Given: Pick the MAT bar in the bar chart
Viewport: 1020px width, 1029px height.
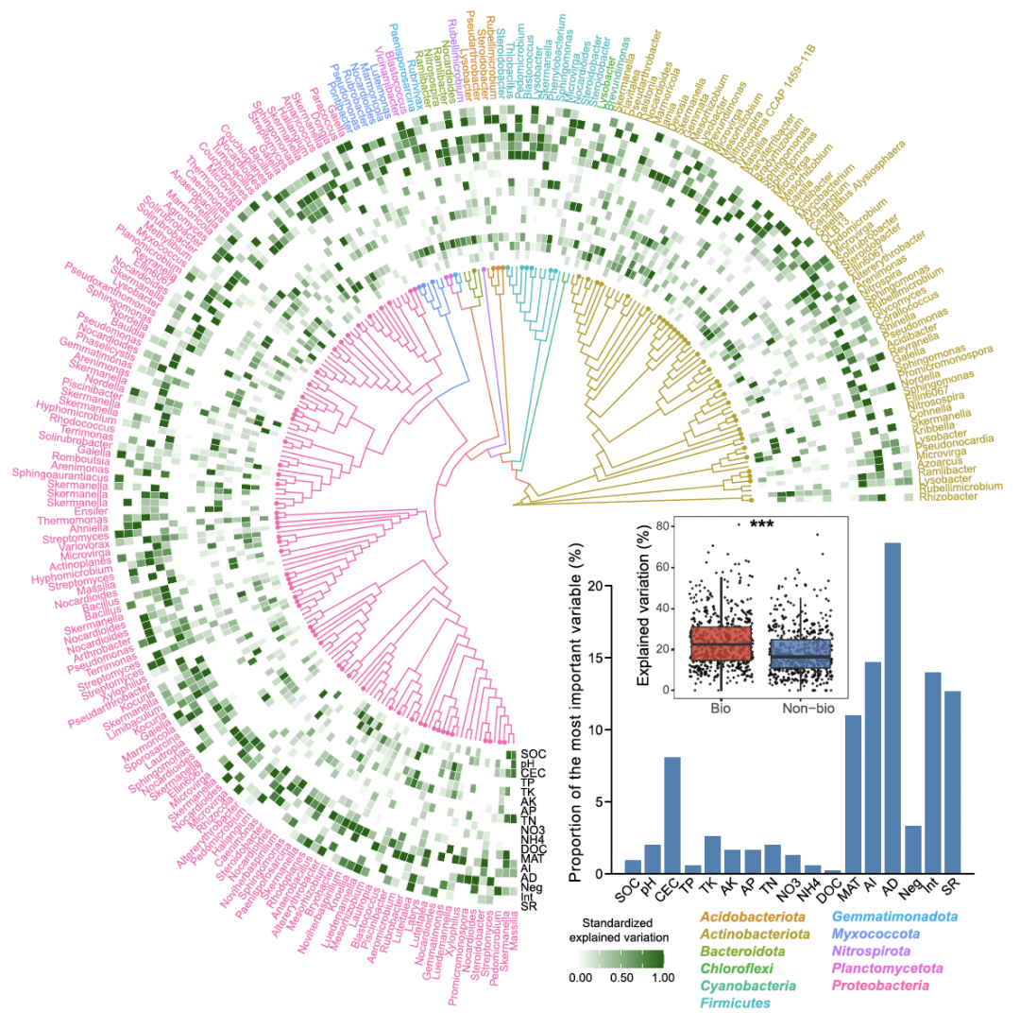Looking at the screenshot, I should tap(853, 794).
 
